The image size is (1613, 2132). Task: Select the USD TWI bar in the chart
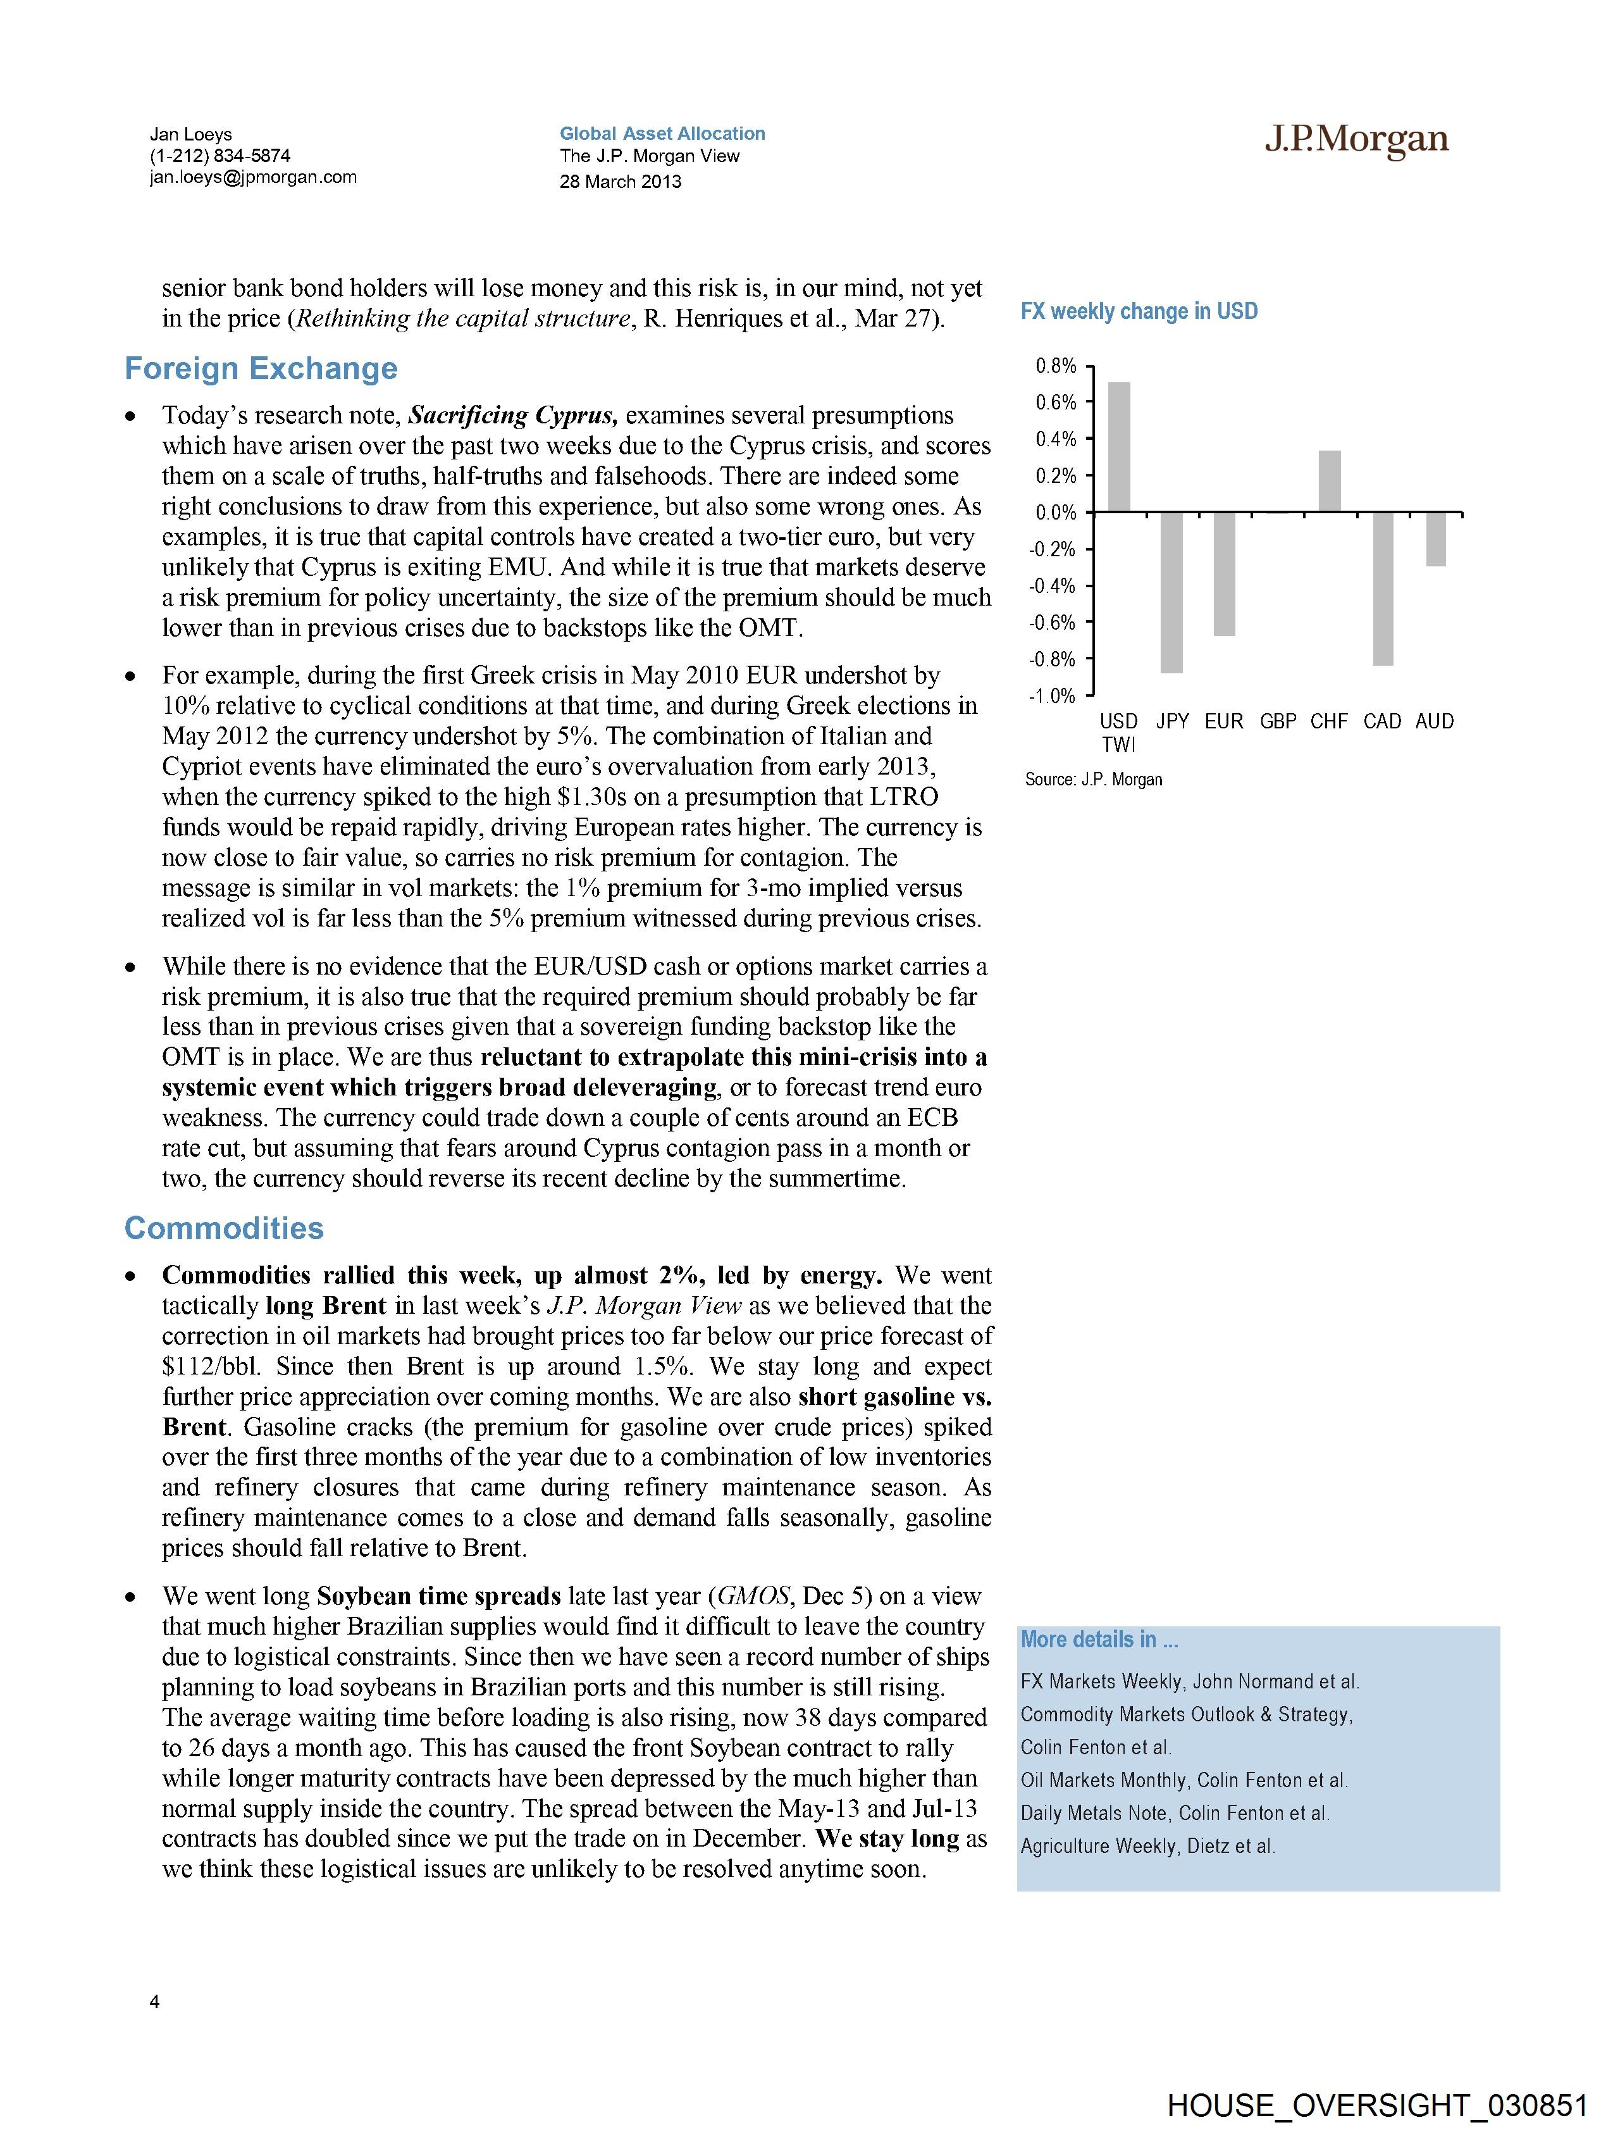click(x=1119, y=447)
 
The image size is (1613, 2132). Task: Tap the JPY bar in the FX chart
click(x=1171, y=593)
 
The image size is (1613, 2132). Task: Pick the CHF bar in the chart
click(x=1329, y=481)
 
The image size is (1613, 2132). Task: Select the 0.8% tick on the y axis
click(x=1056, y=366)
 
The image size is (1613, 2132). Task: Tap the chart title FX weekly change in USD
click(x=1139, y=311)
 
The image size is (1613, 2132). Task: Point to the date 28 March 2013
click(x=621, y=181)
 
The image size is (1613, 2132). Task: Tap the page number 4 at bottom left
click(x=155, y=2002)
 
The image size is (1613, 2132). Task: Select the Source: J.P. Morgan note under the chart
click(x=1094, y=779)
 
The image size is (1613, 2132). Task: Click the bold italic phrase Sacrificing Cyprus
click(x=512, y=415)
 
